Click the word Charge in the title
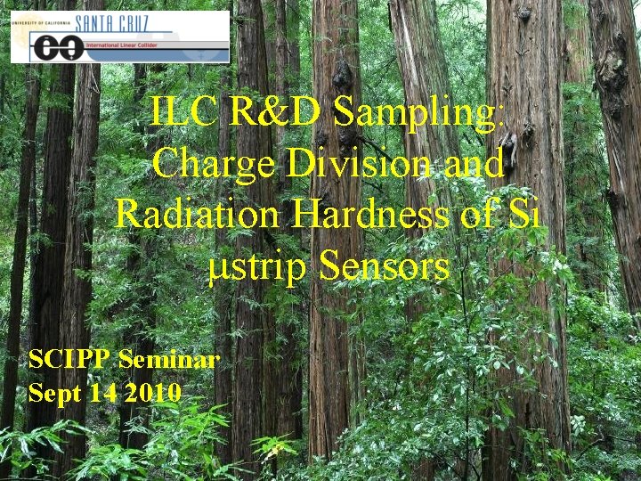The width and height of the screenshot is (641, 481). click(x=207, y=164)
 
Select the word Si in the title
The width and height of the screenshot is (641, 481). click(x=520, y=215)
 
